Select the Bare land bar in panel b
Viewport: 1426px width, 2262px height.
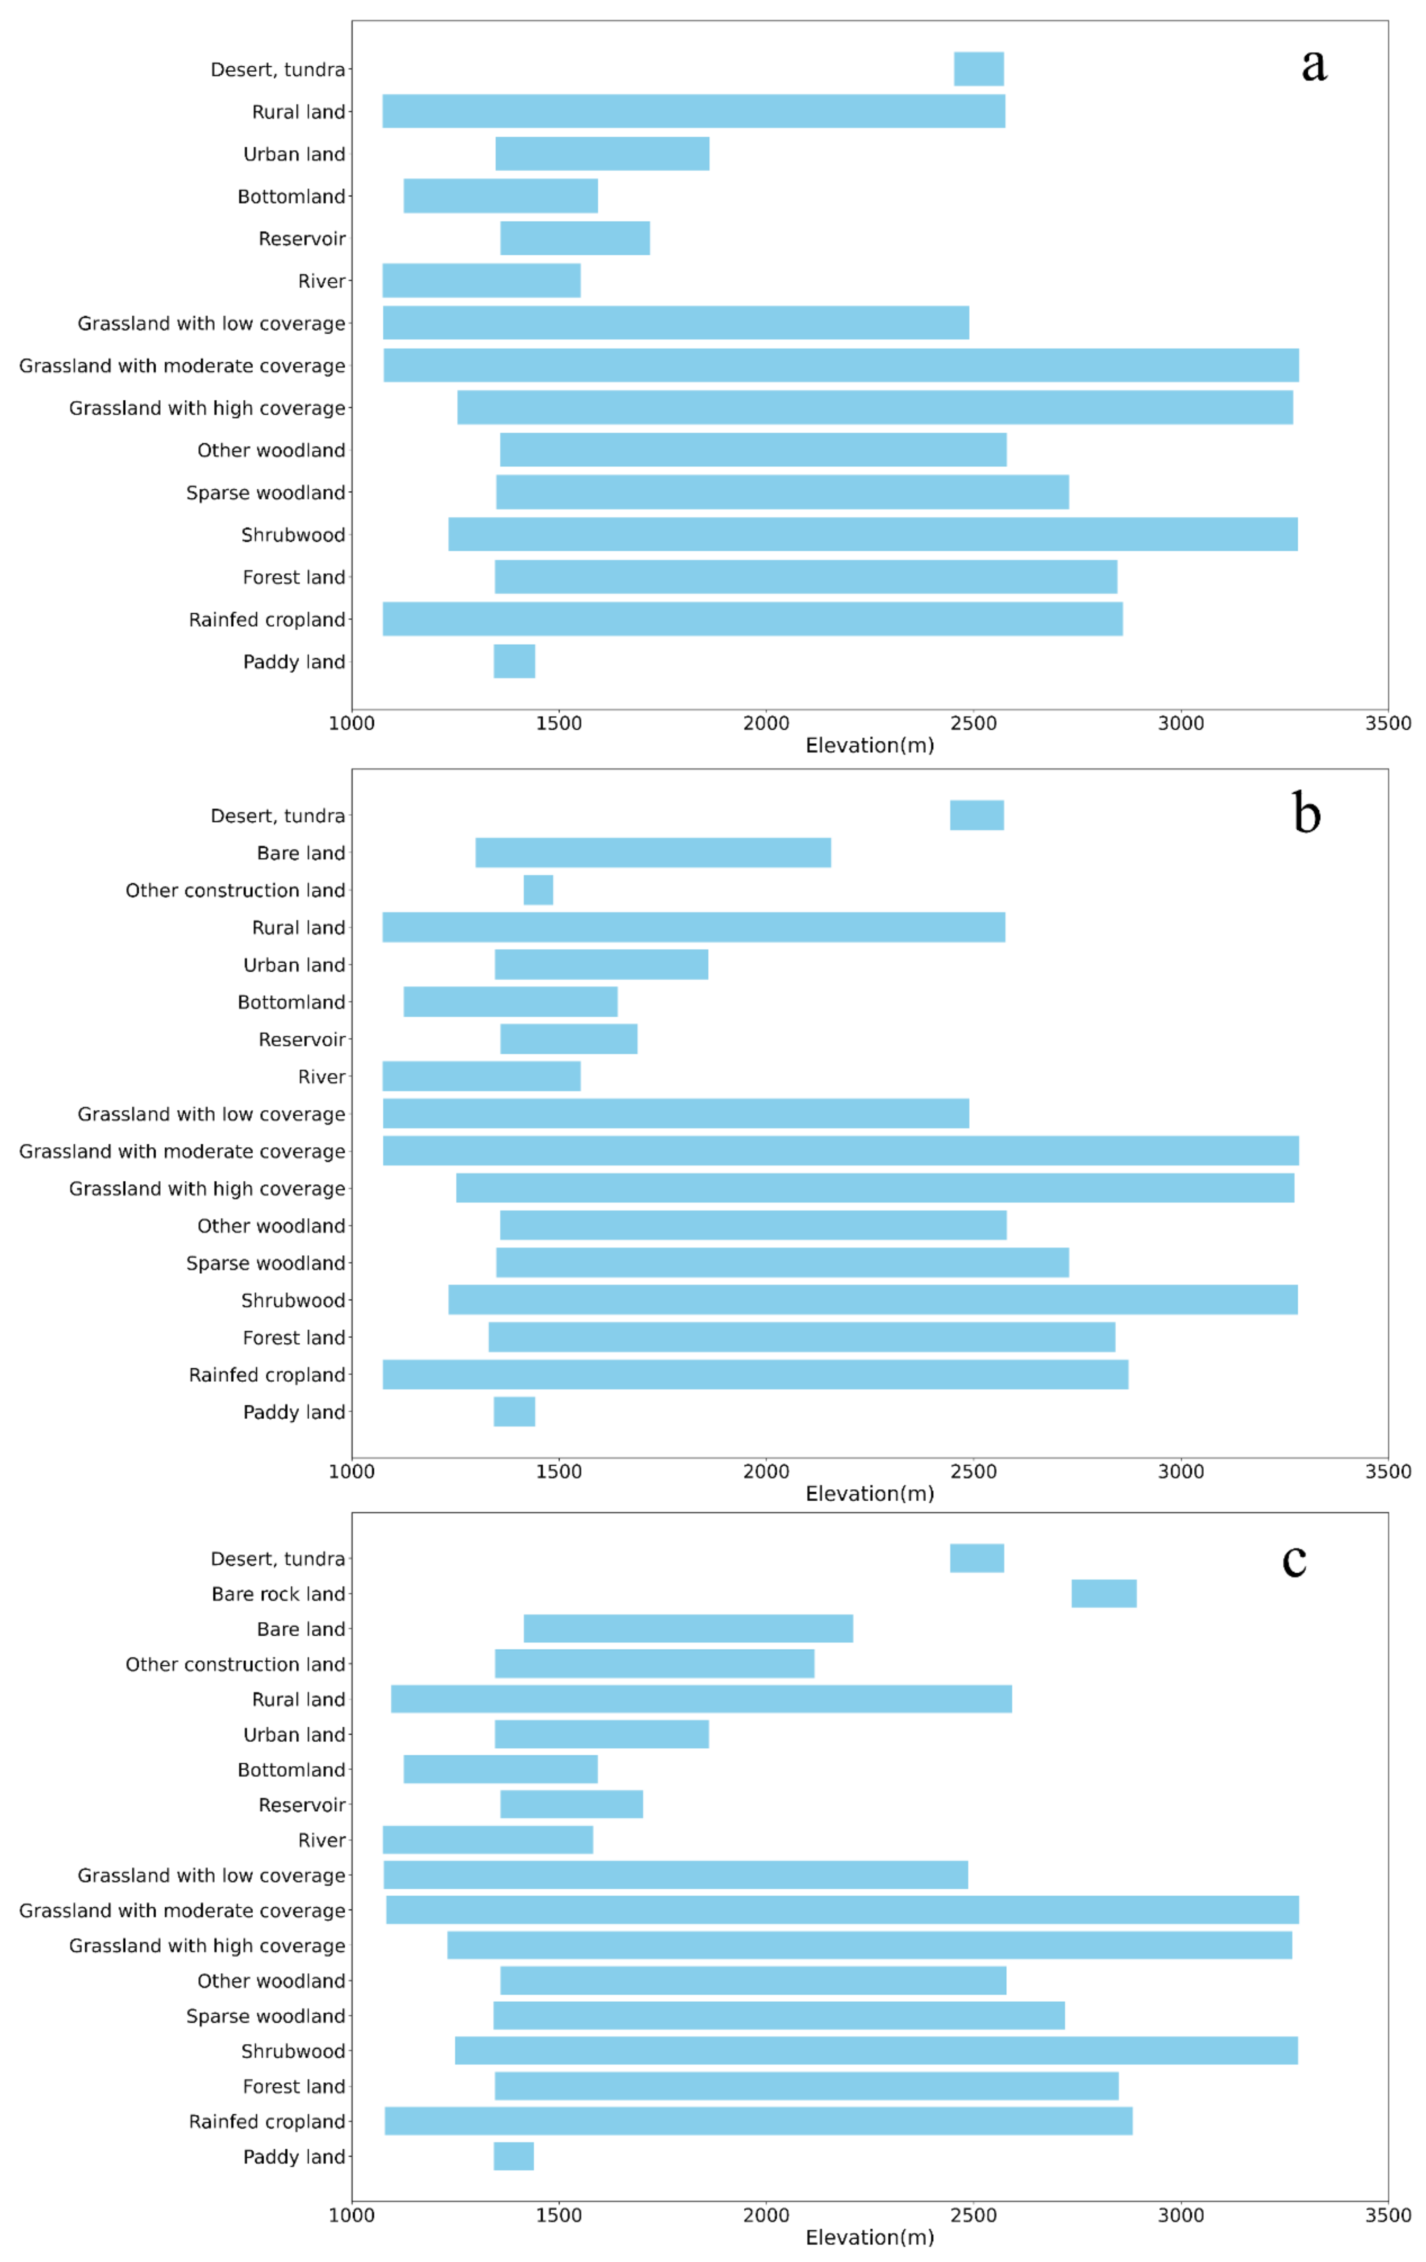653,852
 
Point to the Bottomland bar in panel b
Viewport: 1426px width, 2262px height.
510,1001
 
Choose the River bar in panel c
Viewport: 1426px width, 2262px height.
488,1839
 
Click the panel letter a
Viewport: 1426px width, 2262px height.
1313,64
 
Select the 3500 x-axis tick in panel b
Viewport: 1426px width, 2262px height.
1388,1471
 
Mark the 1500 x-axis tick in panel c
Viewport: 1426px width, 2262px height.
559,2215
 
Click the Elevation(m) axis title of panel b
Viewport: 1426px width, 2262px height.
869,1494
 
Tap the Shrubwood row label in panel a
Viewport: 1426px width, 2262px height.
293,535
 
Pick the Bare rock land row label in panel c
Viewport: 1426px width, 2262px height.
278,1594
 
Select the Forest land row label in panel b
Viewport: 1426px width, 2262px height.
294,1337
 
